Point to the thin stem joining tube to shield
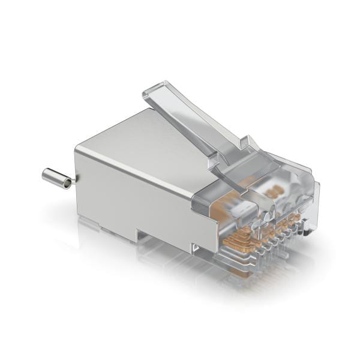click(73, 180)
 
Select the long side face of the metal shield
click(132, 192)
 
